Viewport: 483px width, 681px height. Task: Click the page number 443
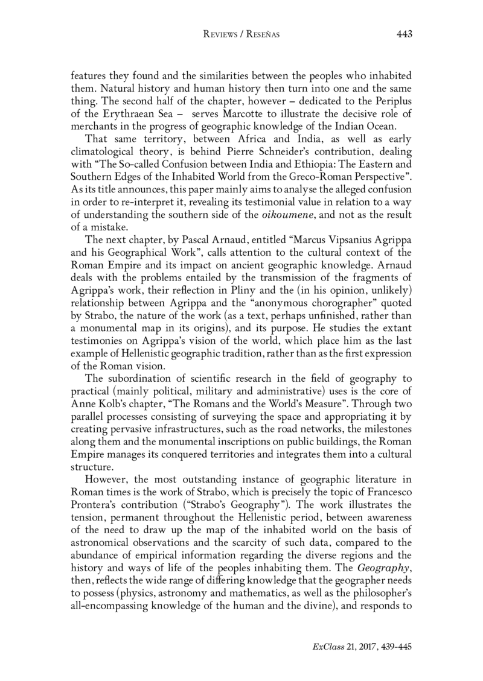pos(404,34)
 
